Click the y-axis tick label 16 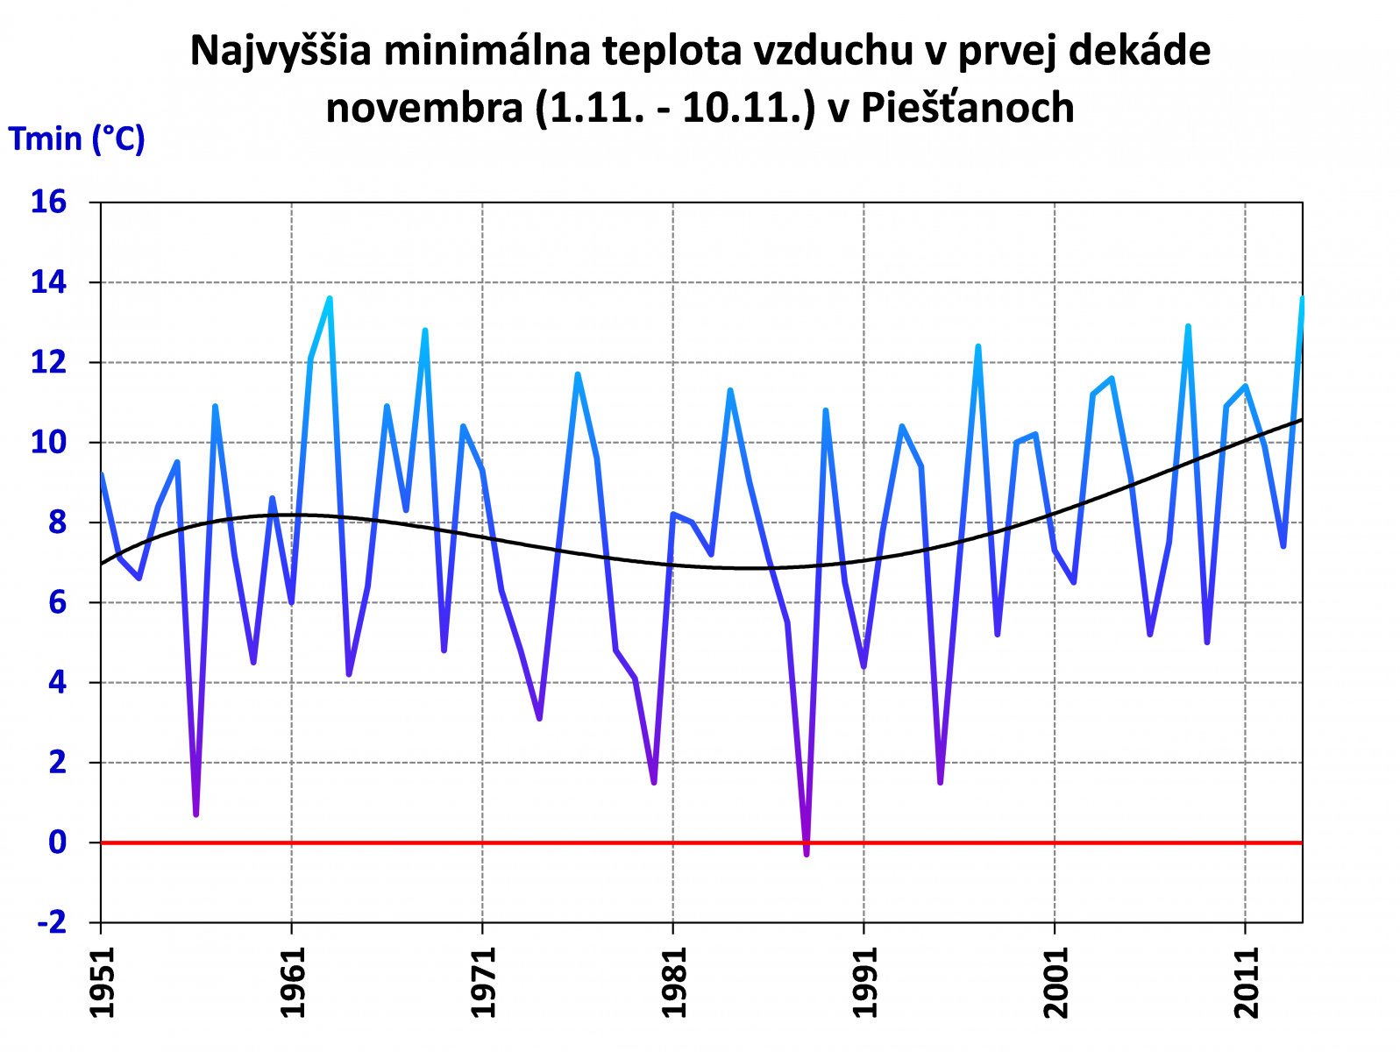click(x=48, y=203)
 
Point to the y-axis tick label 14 click(x=48, y=282)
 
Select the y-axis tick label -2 click(x=51, y=922)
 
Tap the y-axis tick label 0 click(x=57, y=842)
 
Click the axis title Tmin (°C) click(x=76, y=139)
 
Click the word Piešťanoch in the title click(x=967, y=108)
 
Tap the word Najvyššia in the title click(x=281, y=51)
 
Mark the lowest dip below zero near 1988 click(x=807, y=853)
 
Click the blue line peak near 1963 click(x=330, y=299)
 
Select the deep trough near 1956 click(x=196, y=814)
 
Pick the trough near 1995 click(x=940, y=782)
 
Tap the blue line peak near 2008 click(x=1188, y=327)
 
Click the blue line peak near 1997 click(x=978, y=347)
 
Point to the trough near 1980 click(x=654, y=782)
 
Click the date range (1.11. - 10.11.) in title click(x=675, y=108)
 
